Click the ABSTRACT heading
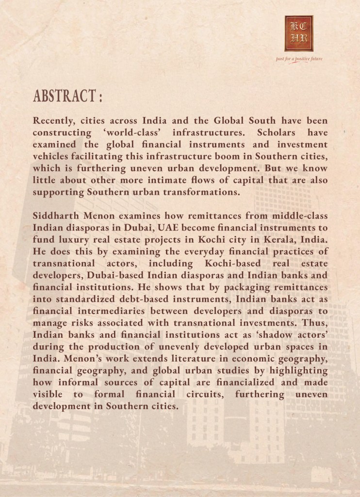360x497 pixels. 67,96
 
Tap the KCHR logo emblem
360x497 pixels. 299,33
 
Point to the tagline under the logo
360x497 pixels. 299,59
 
